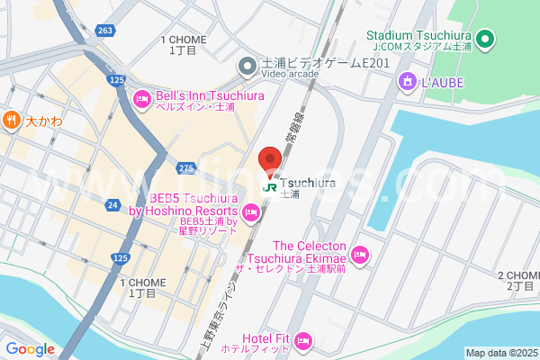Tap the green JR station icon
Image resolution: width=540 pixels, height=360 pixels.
click(x=270, y=187)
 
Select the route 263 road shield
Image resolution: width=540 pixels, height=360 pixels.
click(x=106, y=30)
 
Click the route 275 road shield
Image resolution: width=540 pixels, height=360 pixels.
click(x=186, y=167)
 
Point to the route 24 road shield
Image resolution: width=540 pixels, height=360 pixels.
click(x=112, y=205)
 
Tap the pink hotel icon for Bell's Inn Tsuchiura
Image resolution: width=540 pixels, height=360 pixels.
click(x=141, y=99)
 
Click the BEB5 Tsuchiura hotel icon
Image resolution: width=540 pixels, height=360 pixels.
click(x=252, y=214)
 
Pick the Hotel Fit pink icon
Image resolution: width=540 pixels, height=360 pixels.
click(x=303, y=341)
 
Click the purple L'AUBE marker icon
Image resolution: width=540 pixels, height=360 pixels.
click(x=407, y=82)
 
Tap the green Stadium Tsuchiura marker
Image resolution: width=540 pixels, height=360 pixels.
click(x=486, y=39)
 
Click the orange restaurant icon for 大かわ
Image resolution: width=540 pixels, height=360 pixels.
click(x=11, y=119)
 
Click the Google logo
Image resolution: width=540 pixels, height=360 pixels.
click(x=30, y=349)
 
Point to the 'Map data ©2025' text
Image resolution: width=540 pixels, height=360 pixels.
click(x=500, y=353)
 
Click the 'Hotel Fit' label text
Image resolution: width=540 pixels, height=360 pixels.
click(x=265, y=338)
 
